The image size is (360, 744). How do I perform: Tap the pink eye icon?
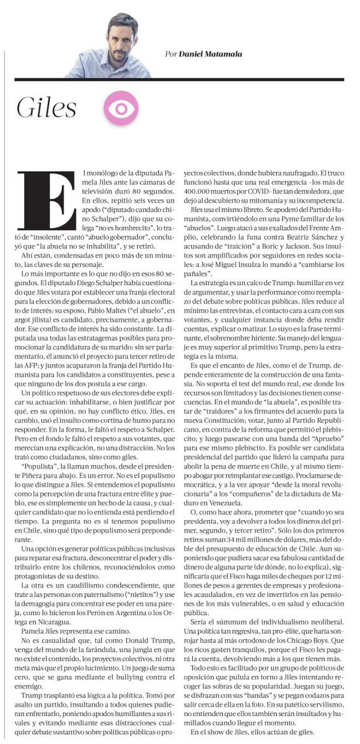click(115, 109)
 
